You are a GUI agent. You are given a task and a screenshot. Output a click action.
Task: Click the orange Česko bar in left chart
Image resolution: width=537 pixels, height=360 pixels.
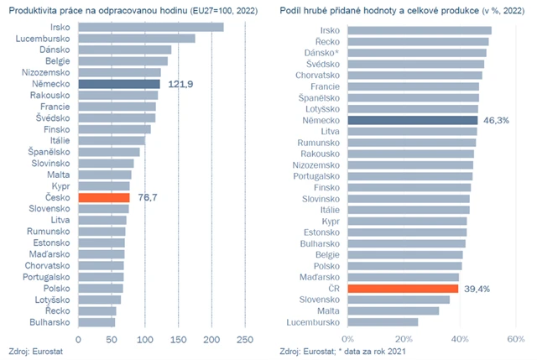coord(103,197)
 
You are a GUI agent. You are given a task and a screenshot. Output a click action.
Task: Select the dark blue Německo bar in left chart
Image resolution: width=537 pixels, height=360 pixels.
coord(118,84)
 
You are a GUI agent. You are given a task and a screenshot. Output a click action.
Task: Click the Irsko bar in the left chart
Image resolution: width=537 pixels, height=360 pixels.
coord(150,27)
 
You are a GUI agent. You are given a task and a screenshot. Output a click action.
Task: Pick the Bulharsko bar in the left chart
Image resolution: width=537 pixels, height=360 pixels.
coord(96,321)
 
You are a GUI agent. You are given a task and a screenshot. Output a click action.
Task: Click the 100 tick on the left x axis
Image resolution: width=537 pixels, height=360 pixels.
coord(144,340)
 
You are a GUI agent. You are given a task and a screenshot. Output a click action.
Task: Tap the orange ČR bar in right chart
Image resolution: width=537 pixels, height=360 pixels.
coord(402,288)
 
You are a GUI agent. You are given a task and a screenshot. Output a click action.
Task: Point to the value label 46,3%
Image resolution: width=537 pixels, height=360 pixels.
coord(496,120)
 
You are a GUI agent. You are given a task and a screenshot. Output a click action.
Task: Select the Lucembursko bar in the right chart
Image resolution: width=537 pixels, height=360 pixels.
coord(382,321)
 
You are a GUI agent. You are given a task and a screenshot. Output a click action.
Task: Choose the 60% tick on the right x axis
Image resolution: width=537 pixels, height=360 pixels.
coord(514,340)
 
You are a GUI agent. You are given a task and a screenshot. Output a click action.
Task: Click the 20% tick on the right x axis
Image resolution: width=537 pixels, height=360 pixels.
coord(403,340)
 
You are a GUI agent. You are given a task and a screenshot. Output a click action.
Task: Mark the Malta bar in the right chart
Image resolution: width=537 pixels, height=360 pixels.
coord(392,310)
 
